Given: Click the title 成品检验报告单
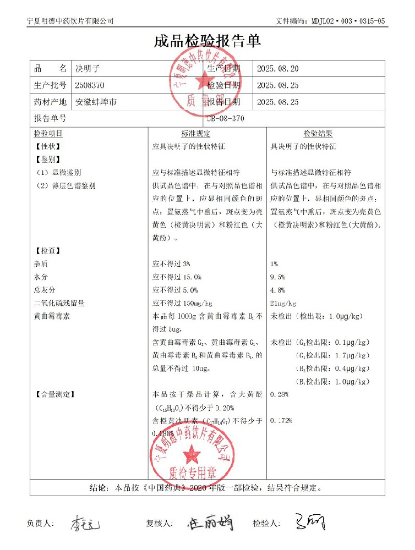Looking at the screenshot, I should point(207,42).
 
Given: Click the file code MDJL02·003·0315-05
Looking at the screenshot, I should point(346,21).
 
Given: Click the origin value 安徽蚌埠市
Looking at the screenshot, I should point(96,102).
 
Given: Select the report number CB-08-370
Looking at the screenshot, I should point(226,118).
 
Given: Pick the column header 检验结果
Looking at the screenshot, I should point(318,134).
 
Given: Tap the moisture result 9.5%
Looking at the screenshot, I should point(278,277).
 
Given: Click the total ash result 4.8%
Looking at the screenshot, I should point(278,290).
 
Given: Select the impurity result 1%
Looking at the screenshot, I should point(274,264).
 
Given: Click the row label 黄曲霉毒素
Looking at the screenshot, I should point(52,317).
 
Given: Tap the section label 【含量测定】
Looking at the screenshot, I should point(54,394).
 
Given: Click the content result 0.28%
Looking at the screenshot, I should point(279,394).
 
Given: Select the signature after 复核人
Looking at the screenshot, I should point(210,522).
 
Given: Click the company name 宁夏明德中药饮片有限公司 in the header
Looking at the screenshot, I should point(70,21).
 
